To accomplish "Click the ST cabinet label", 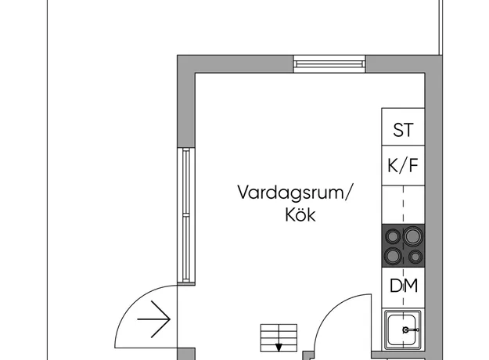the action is pyautogui.click(x=403, y=130).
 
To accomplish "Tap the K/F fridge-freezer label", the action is pyautogui.click(x=403, y=165).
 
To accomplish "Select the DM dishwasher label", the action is pyautogui.click(x=404, y=285).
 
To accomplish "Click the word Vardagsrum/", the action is pyautogui.click(x=294, y=193).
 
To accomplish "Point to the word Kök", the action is pyautogui.click(x=300, y=214).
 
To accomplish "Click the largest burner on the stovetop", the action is pyautogui.click(x=413, y=236).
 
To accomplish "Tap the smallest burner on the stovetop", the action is pyautogui.click(x=415, y=257).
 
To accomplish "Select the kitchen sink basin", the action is pyautogui.click(x=402, y=329).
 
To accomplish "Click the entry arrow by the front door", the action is pyautogui.click(x=154, y=319).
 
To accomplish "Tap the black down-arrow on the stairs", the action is pyautogui.click(x=279, y=347).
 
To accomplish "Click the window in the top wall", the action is pyautogui.click(x=329, y=64).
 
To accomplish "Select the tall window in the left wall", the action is pyautogui.click(x=186, y=216).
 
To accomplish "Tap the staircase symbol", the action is pyautogui.click(x=279, y=338).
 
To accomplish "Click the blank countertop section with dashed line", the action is pyautogui.click(x=403, y=204).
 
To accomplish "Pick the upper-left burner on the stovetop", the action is pyautogui.click(x=393, y=236).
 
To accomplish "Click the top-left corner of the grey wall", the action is pyautogui.click(x=178, y=56).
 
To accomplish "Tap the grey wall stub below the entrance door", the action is pyautogui.click(x=186, y=354).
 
